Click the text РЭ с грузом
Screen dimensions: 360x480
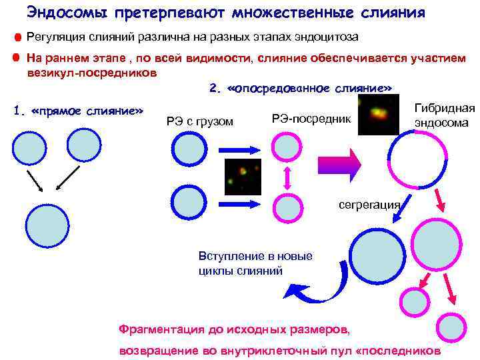pos(200,121)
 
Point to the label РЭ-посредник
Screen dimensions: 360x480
pos(311,118)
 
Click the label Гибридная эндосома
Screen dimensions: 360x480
pos(444,115)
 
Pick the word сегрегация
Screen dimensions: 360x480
pos(369,204)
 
